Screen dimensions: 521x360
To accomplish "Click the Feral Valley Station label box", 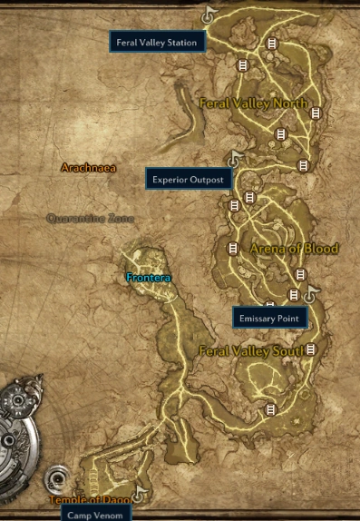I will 157,42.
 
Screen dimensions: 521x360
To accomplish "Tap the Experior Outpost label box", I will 188,179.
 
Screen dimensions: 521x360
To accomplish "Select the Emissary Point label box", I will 270,318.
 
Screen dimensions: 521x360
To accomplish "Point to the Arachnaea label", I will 88,168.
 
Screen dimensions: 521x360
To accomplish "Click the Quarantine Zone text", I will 90,219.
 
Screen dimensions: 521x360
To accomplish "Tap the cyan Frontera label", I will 149,277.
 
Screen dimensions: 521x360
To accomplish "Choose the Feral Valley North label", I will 253,103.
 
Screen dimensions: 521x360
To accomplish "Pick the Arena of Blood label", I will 281,249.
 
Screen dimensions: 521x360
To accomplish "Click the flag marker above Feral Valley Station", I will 209,15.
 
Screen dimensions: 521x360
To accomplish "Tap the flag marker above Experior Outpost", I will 237,157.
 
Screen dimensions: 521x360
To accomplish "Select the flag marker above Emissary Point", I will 311,293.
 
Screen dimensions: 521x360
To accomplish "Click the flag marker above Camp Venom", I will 139,495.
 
